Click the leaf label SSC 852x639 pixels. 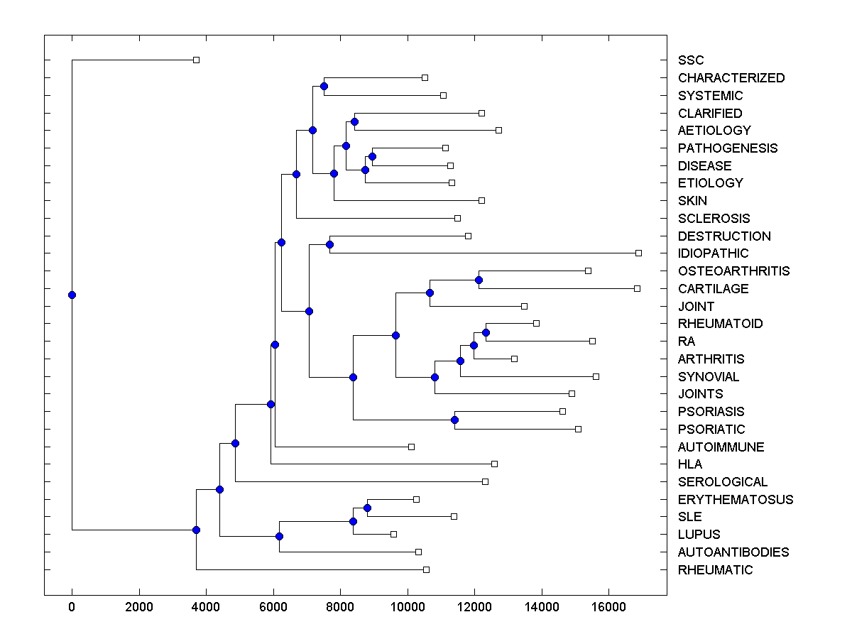691,60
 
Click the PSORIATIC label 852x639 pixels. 711,430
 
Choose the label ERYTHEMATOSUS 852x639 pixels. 736,500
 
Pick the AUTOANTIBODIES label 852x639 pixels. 733,552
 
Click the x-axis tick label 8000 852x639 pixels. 341,607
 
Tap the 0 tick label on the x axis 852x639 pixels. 72,607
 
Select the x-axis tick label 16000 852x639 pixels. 609,607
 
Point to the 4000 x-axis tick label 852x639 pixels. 206,607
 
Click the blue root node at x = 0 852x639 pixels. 72,295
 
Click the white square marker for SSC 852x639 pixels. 197,60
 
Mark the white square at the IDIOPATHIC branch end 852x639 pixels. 638,253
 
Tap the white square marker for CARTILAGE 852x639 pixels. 637,288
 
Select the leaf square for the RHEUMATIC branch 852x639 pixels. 426,569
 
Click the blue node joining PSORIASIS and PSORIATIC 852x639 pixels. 454,420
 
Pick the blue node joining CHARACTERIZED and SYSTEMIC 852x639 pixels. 324,86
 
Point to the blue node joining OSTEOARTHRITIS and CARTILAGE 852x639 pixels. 479,280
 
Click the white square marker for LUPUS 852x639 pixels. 393,534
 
